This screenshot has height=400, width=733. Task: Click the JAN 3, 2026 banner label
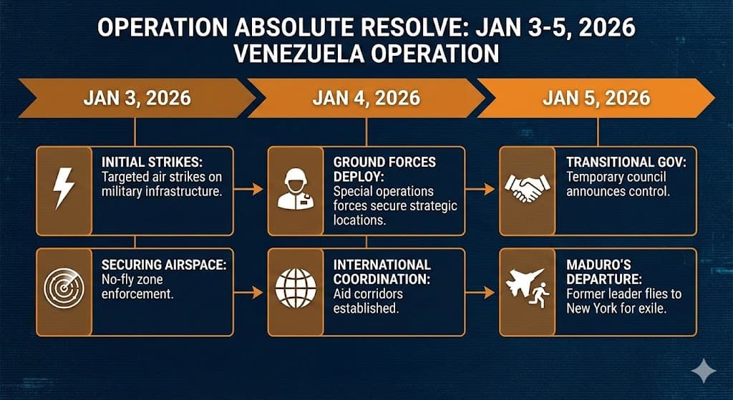pos(137,97)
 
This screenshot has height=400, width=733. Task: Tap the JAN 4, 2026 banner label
pos(366,97)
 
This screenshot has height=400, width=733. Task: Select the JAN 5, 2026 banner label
pos(597,97)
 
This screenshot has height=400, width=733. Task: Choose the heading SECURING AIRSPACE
pos(164,264)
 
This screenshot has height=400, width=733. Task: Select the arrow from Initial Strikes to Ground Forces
pos(250,190)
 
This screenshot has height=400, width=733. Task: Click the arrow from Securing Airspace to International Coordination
pos(250,293)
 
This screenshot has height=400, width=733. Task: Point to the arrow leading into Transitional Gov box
pos(481,190)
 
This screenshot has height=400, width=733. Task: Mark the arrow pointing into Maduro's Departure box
pos(481,293)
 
